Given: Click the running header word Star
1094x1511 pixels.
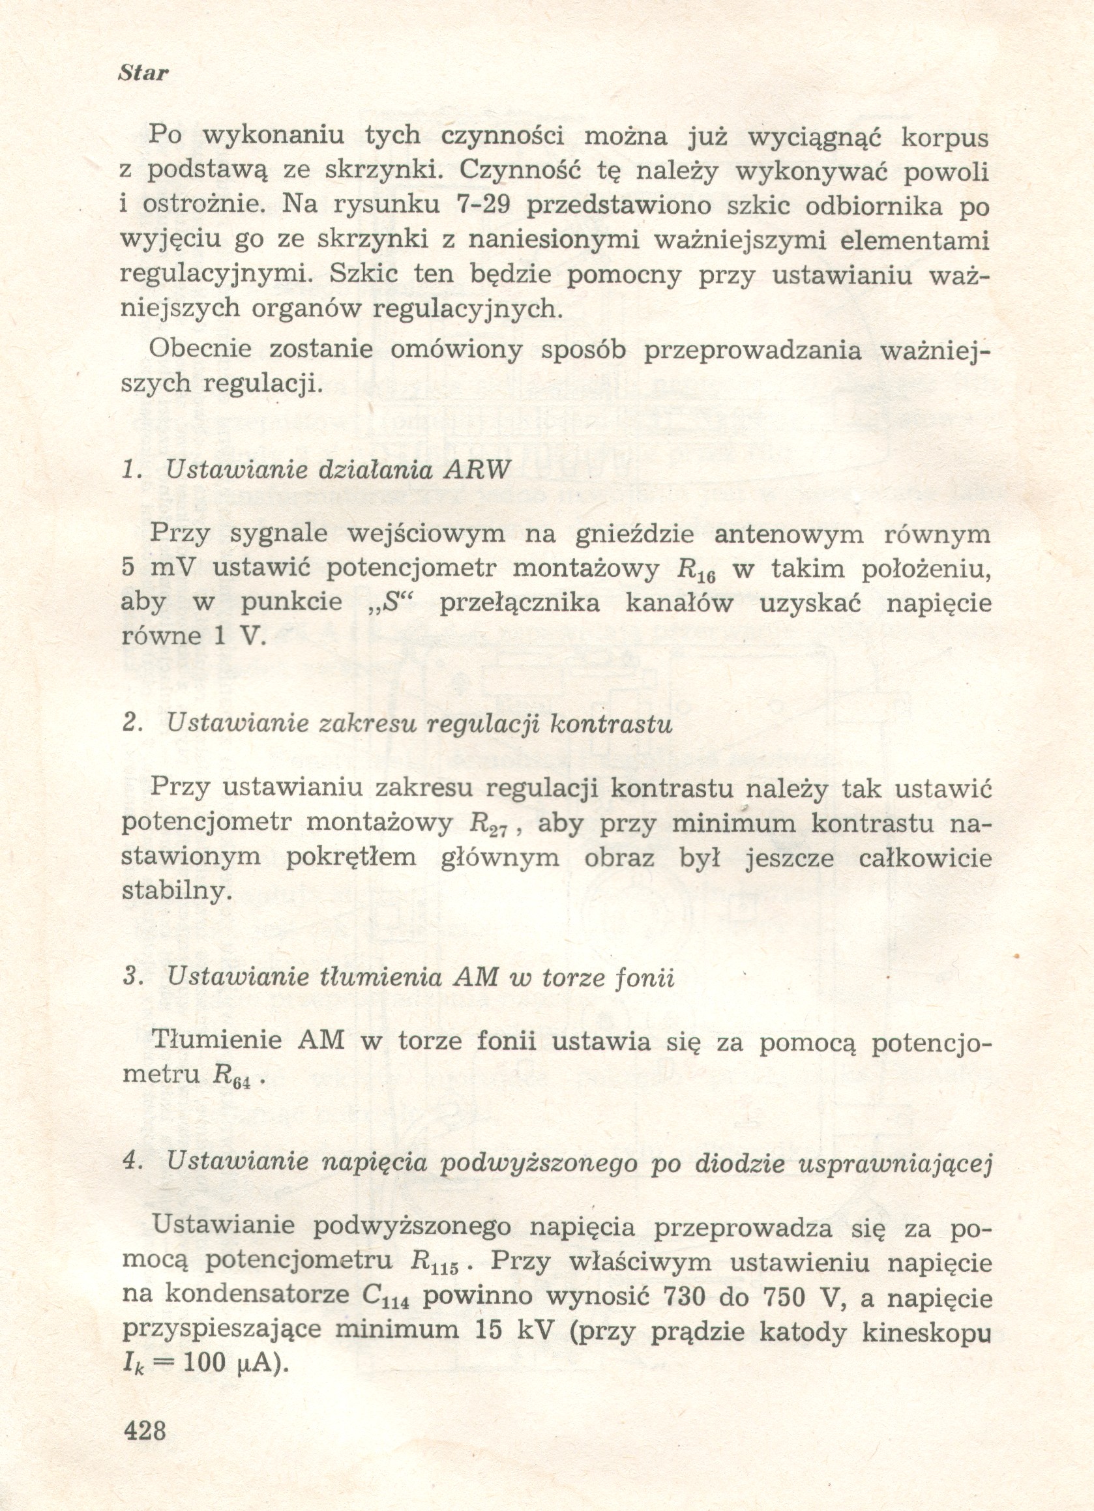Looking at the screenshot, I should [143, 72].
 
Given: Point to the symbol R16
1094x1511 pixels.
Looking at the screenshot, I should [696, 570].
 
